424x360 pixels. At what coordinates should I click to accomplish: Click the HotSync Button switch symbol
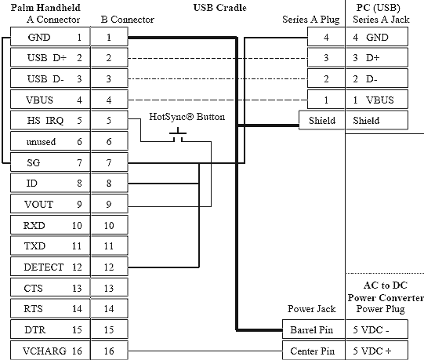pos(178,135)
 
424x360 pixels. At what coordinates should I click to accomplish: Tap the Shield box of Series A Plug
pos(322,120)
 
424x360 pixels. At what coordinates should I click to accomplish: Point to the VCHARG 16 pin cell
pos(50,351)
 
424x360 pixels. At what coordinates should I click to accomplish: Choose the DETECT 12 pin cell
pos(50,267)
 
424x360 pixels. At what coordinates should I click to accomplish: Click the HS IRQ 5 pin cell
pos(50,120)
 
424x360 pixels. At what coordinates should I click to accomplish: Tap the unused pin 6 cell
pos(50,141)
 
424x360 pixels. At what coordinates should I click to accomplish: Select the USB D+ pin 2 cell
pos(50,57)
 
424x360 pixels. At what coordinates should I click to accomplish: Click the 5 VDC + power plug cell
pos(377,351)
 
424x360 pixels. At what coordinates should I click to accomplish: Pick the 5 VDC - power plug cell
pos(377,329)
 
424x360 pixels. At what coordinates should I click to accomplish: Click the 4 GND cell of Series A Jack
pos(377,37)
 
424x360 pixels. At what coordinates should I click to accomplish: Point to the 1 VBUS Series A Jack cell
pos(377,100)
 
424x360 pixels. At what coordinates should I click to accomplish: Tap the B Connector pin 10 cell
pos(109,225)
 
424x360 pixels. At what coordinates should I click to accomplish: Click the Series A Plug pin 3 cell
pos(326,57)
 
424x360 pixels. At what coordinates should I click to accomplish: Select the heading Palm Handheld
pos(45,7)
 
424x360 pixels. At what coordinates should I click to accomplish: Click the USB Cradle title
pos(220,7)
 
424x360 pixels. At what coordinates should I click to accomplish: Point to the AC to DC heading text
pos(386,285)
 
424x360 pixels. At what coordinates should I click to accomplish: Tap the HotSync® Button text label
pos(187,117)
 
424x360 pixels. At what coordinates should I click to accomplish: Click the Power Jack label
pos(311,309)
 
